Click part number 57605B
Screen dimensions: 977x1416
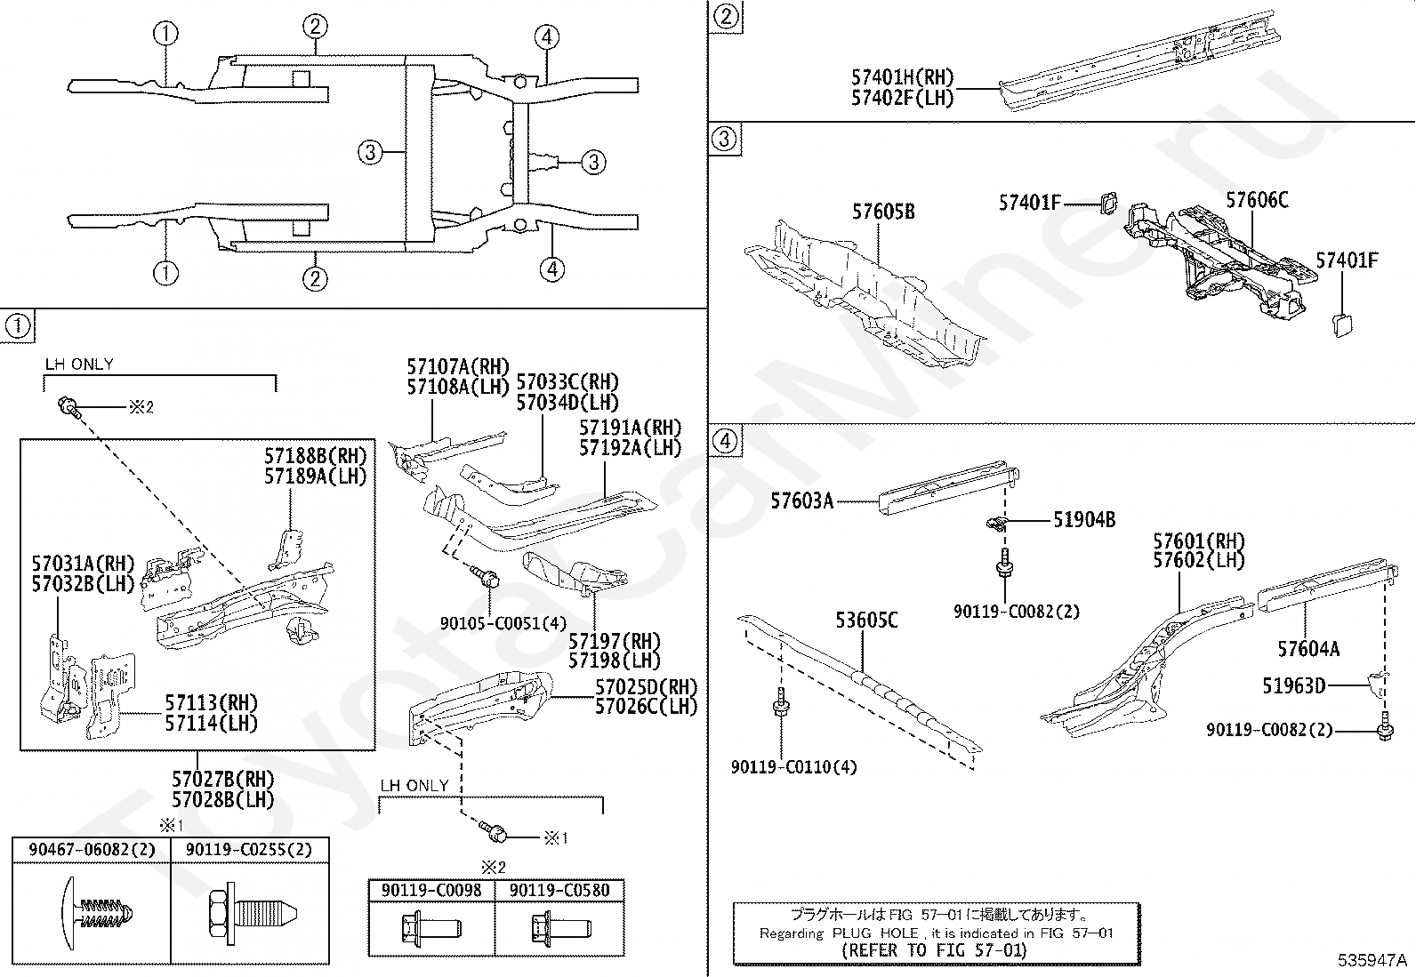[x=882, y=212]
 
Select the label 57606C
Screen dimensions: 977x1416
[x=1256, y=201]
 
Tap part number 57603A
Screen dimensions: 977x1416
[x=802, y=501]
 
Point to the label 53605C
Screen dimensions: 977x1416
[x=865, y=621]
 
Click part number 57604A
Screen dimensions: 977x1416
[x=1307, y=649]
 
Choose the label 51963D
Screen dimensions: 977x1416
[x=1293, y=685]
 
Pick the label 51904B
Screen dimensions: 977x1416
[x=1083, y=520]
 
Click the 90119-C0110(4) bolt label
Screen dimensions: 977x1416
[x=793, y=766]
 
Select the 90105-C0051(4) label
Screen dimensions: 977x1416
[x=503, y=623]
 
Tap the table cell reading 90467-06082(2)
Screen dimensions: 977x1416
[x=91, y=850]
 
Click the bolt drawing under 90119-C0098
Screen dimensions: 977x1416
[x=431, y=929]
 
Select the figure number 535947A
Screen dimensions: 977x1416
[x=1372, y=960]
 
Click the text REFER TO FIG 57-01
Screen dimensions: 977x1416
[x=934, y=949]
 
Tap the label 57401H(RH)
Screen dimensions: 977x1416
[x=902, y=78]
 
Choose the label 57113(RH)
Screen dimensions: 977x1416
[x=211, y=704]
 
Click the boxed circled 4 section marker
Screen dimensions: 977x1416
[x=726, y=442]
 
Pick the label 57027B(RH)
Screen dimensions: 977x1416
[x=223, y=779]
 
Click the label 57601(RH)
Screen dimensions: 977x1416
[x=1198, y=541]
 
